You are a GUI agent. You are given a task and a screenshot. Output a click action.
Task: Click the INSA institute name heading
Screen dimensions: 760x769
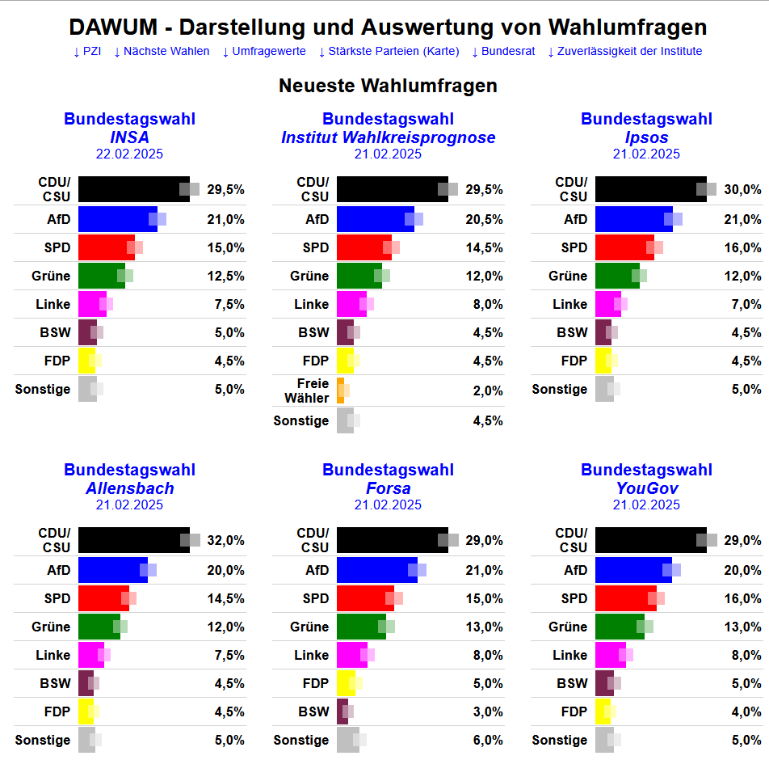[129, 137]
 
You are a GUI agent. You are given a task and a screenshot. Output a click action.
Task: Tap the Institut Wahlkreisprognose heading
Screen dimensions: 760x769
[388, 137]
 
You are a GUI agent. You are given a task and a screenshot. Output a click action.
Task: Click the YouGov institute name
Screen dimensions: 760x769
[646, 488]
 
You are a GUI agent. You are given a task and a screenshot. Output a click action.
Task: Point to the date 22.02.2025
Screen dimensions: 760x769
[129, 154]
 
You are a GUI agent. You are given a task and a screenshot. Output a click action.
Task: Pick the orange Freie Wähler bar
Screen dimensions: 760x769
[341, 391]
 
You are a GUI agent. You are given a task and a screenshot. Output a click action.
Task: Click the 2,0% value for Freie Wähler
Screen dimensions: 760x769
[488, 391]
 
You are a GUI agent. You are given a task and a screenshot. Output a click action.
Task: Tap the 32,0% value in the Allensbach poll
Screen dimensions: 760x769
[225, 541]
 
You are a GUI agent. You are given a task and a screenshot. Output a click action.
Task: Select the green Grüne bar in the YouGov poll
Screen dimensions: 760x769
[619, 627]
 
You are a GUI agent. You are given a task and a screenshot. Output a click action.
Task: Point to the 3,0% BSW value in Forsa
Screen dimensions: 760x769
[488, 712]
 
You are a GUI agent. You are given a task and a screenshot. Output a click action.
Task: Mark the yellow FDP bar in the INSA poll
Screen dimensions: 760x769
[86, 361]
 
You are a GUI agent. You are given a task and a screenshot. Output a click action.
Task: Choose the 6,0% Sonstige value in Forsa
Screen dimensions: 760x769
[488, 741]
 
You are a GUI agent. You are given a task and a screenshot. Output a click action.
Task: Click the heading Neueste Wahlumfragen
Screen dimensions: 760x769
[388, 86]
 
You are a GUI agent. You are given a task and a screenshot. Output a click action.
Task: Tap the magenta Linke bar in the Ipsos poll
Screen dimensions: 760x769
[607, 304]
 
